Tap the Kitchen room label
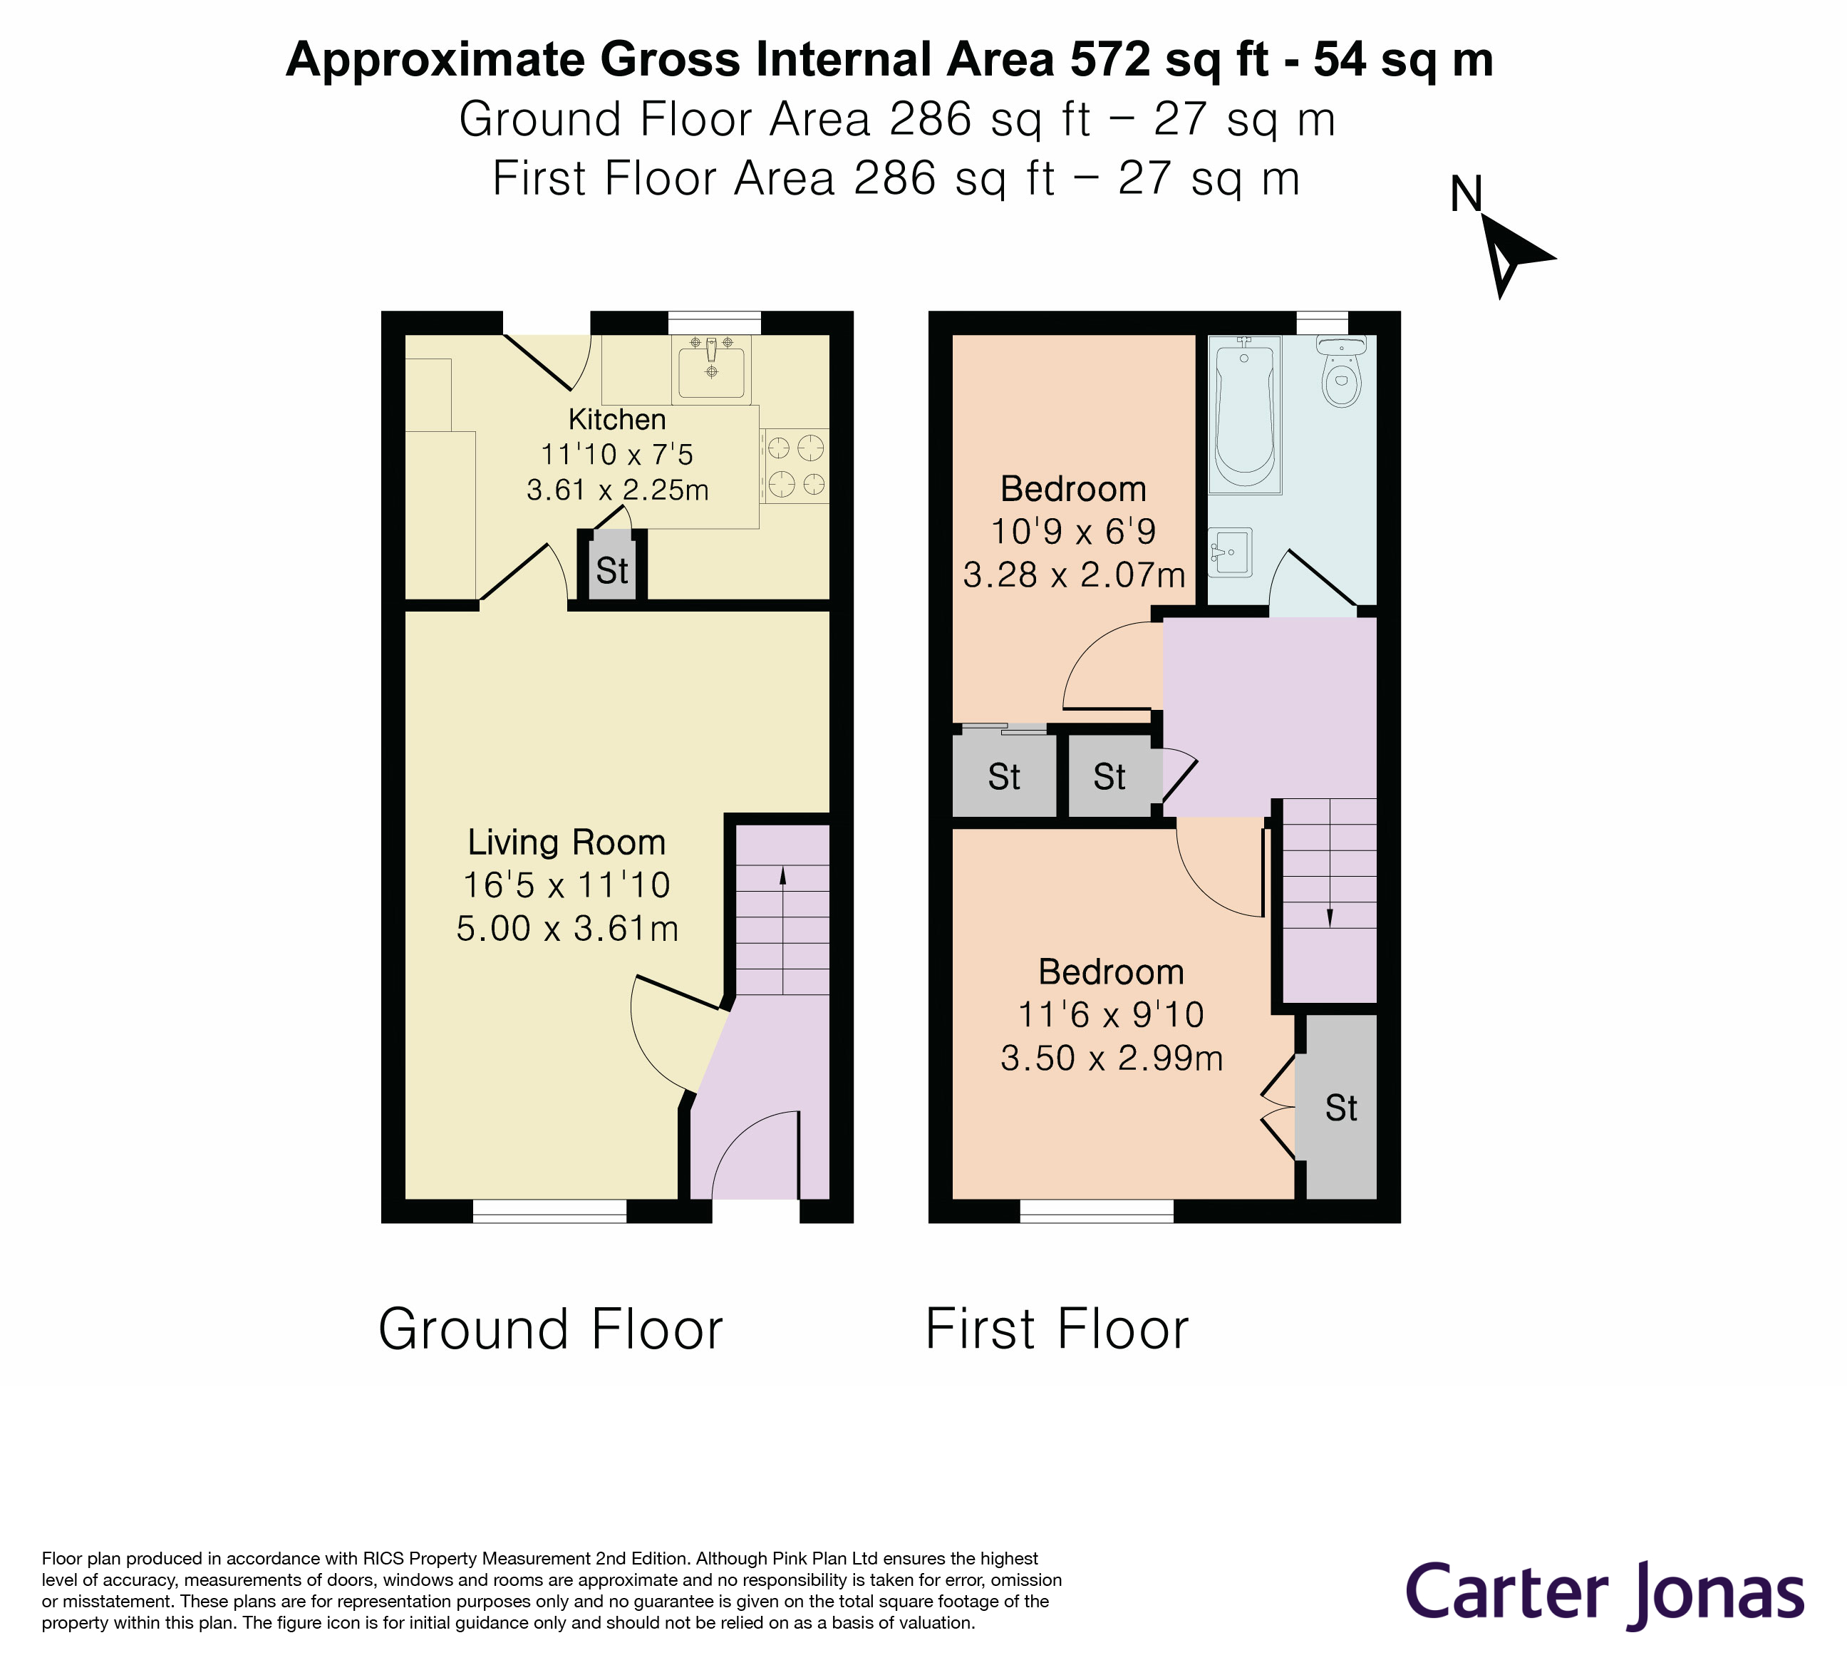tap(616, 420)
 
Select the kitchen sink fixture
tap(712, 369)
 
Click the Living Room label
tap(566, 842)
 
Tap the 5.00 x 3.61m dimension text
tap(567, 928)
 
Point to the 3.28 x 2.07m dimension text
tap(1074, 575)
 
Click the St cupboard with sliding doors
tap(1004, 777)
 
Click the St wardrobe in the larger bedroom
tap(1340, 1109)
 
